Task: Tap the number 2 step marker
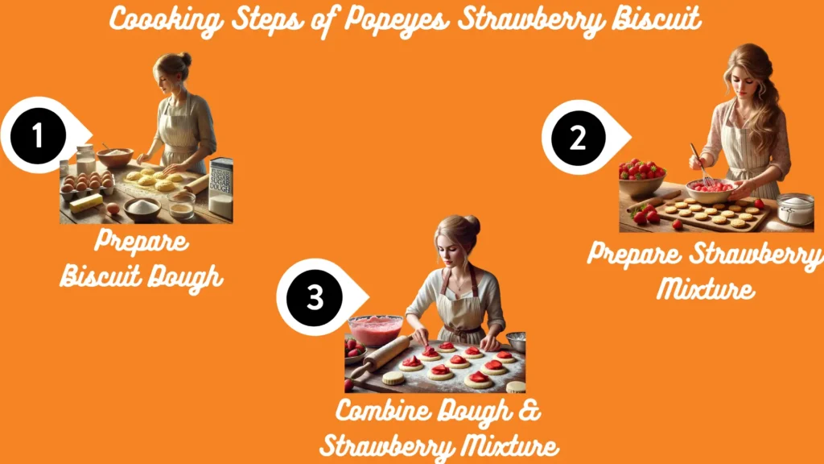576,138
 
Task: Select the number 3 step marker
315,297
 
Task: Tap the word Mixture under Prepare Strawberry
706,287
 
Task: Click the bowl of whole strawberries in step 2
641,177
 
